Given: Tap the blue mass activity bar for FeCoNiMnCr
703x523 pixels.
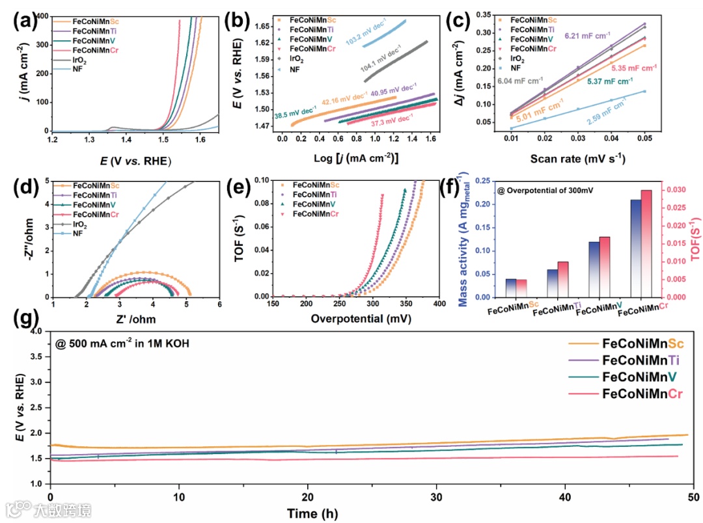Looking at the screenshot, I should pos(636,248).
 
